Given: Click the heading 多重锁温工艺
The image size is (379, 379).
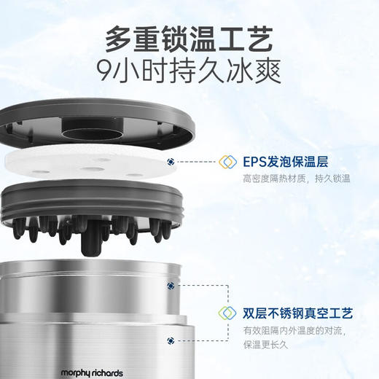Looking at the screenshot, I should pos(189,37).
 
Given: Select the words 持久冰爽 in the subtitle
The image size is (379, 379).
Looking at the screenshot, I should pos(237,71).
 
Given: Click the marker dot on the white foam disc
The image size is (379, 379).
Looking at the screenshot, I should pos(171,163).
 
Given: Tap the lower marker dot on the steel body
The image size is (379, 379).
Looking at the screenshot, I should pos(171,340).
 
